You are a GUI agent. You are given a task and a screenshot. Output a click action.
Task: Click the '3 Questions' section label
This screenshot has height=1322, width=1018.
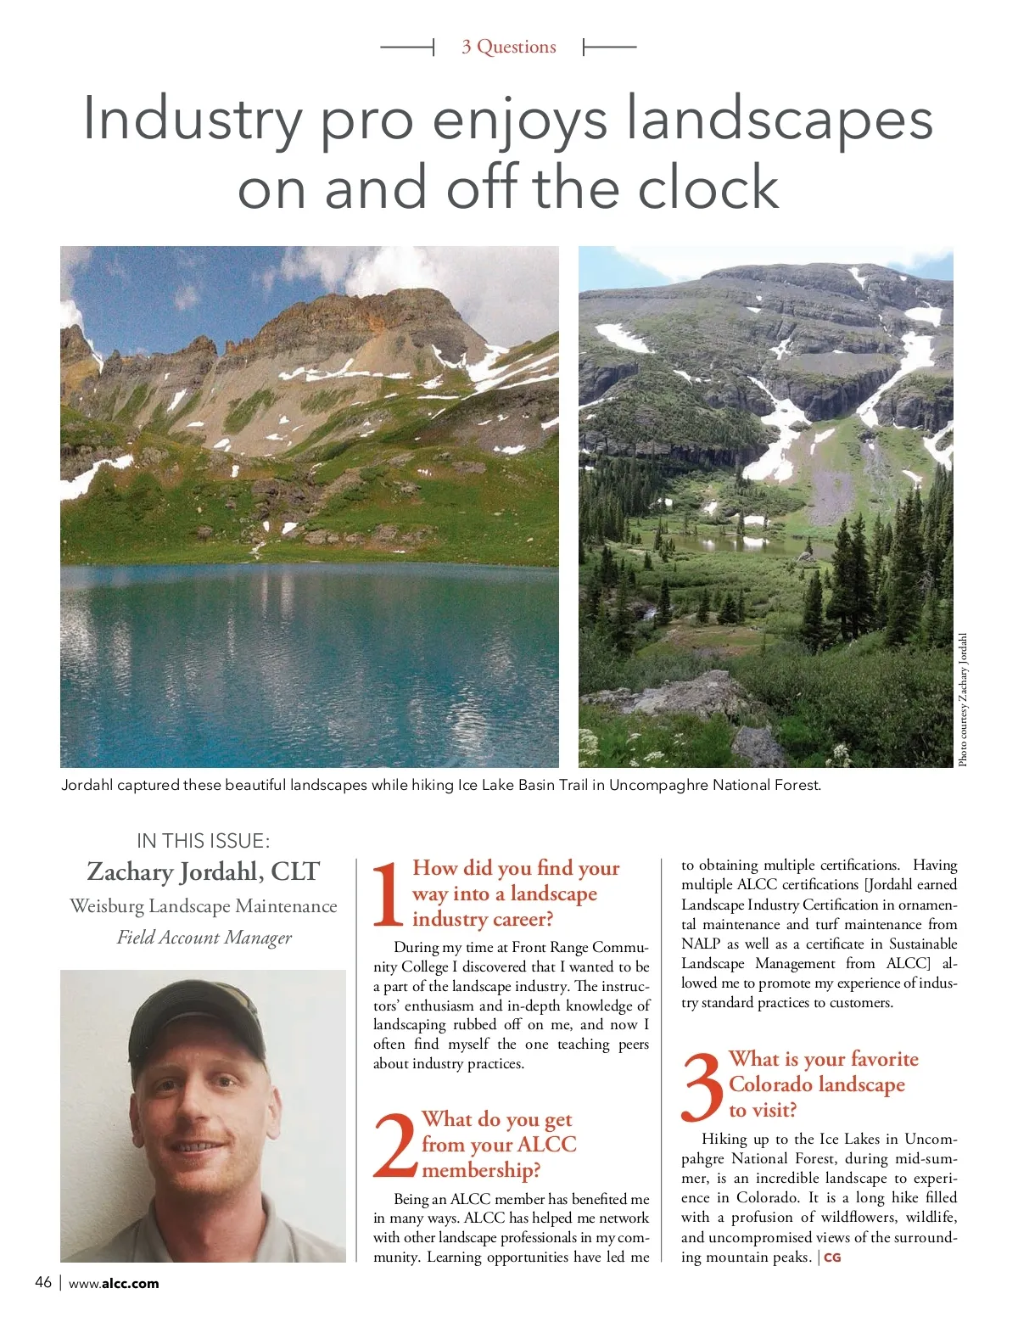508,47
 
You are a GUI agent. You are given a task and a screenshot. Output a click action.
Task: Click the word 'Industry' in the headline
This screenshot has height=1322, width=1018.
192,119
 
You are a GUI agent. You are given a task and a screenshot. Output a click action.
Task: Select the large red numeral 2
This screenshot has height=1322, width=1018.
395,1145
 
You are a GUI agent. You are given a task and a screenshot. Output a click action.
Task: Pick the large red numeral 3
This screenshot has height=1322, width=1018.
702,1086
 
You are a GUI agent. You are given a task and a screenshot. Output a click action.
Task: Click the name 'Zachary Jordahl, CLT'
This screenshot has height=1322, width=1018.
204,871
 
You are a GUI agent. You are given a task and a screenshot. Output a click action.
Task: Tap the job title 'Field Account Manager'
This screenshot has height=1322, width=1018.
204,938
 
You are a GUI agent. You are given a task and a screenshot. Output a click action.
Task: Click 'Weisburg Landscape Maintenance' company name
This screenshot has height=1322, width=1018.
204,906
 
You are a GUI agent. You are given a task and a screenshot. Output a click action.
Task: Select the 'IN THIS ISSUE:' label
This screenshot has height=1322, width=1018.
204,841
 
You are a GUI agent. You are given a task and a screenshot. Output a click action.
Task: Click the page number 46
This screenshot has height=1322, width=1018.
43,1282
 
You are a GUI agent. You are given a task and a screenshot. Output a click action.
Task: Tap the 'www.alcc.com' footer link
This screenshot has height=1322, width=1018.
114,1283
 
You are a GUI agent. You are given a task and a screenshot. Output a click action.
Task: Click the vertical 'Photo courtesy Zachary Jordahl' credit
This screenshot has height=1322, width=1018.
963,700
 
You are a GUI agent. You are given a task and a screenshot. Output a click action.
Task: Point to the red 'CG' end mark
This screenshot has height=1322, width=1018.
832,1258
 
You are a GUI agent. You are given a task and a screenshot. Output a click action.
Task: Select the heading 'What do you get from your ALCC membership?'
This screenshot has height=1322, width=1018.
498,1145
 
